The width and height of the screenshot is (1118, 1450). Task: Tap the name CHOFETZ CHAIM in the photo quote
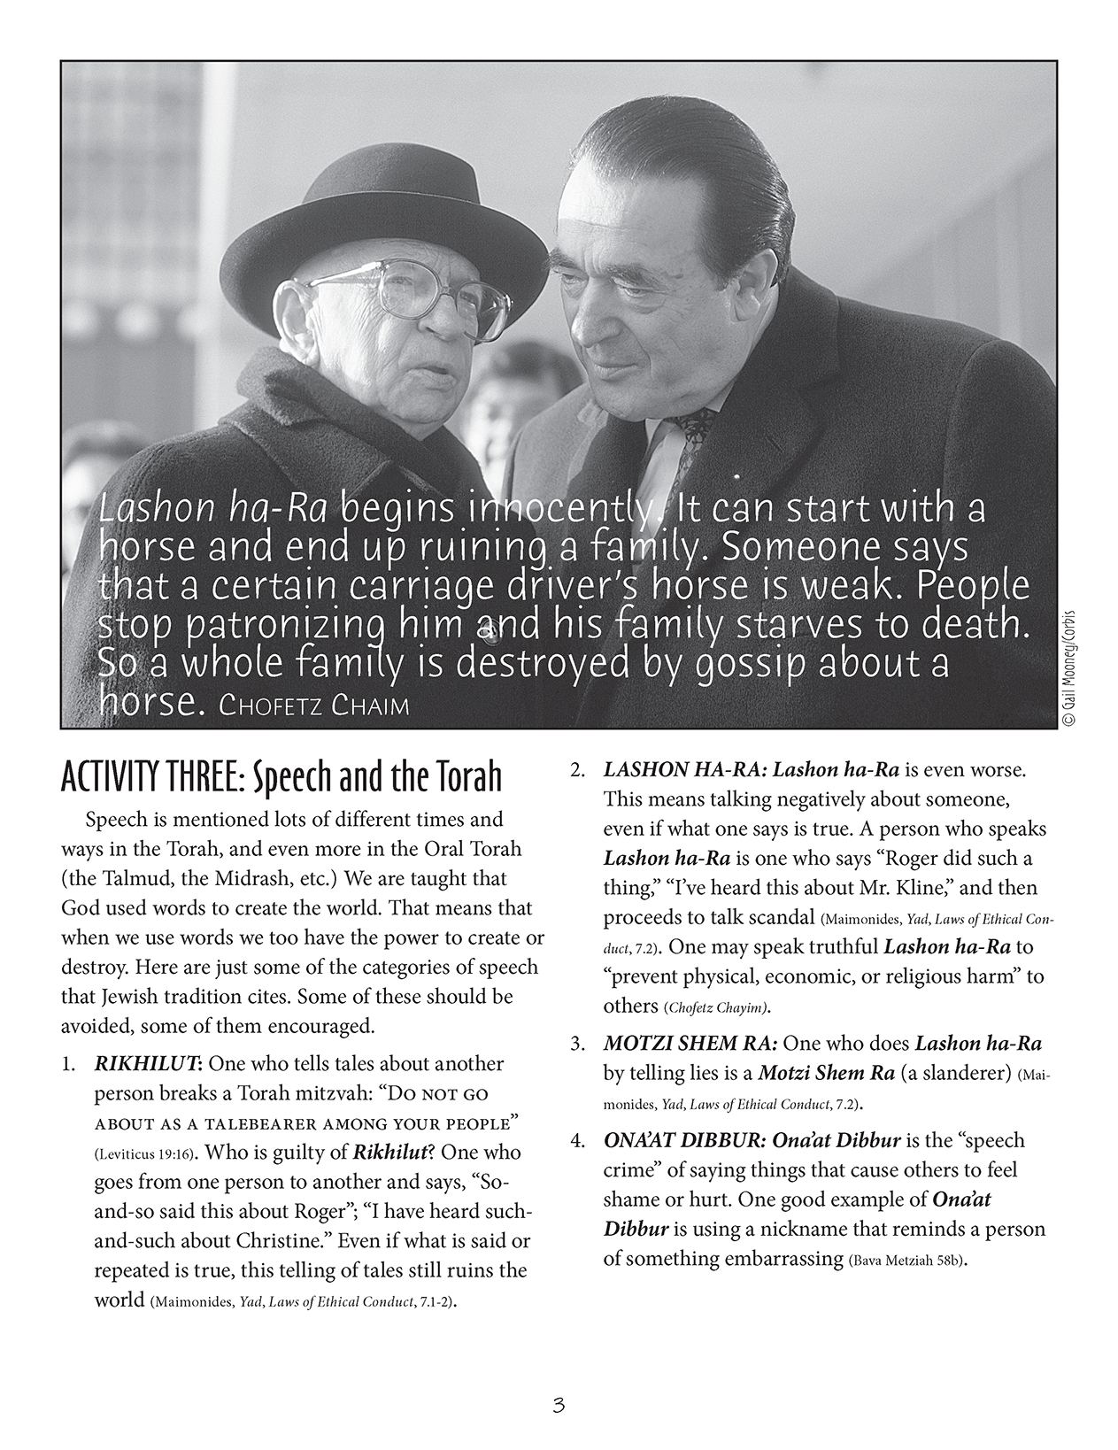coord(315,706)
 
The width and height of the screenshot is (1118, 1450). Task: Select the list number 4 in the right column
coord(576,1141)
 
